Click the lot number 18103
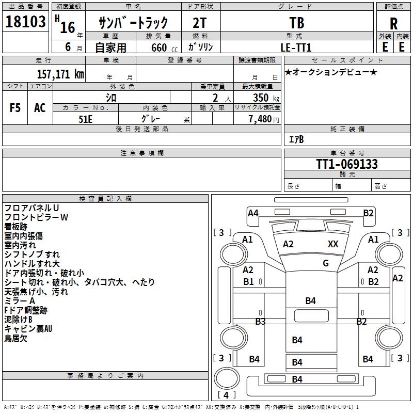click(x=25, y=22)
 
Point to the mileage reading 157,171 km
click(x=60, y=74)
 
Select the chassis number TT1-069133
click(x=346, y=164)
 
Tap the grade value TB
click(x=297, y=23)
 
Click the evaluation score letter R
click(x=393, y=24)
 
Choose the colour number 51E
click(x=86, y=119)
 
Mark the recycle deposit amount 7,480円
click(x=263, y=119)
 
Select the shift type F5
click(x=15, y=108)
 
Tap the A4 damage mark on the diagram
click(x=253, y=213)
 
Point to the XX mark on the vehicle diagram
click(x=333, y=244)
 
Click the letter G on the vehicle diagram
click(x=325, y=263)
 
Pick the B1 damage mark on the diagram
click(x=248, y=281)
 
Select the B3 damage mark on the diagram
click(x=260, y=322)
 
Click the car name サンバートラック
click(x=133, y=23)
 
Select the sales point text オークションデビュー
click(x=331, y=72)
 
